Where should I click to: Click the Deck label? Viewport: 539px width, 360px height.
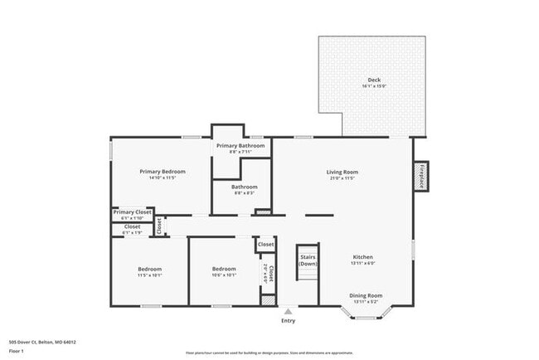[x=375, y=80]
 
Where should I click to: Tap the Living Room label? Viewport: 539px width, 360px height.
[x=342, y=172]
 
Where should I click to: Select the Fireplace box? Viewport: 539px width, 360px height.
[x=421, y=176]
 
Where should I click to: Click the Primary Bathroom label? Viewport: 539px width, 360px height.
[x=240, y=145]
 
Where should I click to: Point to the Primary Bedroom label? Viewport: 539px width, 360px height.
[x=162, y=172]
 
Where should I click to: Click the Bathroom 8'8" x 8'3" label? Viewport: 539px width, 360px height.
[x=244, y=187]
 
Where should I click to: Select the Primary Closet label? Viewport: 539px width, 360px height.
[x=133, y=212]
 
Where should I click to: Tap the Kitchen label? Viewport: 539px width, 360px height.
[x=363, y=257]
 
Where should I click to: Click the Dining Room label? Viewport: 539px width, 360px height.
[x=365, y=295]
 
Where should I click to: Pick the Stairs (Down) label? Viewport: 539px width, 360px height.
[x=308, y=260]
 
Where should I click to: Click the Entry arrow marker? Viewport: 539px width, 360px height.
[x=288, y=312]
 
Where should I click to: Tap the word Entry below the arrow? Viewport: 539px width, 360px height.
[x=288, y=320]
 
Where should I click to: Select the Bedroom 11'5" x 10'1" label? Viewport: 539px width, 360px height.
[x=150, y=269]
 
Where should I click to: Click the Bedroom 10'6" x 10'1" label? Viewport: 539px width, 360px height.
[x=223, y=269]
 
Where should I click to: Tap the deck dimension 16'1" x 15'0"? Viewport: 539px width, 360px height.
[x=375, y=86]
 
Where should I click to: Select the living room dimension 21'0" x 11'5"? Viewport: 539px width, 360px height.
[x=342, y=178]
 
